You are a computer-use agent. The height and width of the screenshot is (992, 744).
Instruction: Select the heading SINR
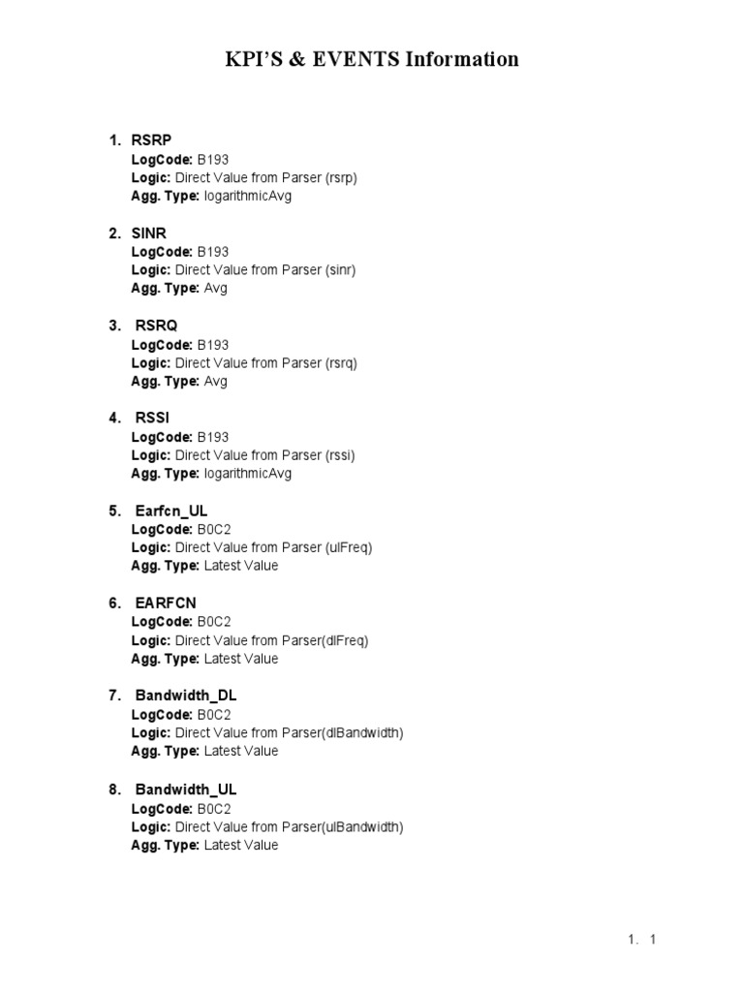point(150,232)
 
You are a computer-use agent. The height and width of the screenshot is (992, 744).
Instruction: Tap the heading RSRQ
point(156,325)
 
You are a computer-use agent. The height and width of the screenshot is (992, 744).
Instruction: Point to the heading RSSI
point(153,418)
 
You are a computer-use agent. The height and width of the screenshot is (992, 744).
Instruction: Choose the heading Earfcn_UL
point(171,511)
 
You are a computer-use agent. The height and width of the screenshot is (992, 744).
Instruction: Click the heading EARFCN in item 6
point(166,603)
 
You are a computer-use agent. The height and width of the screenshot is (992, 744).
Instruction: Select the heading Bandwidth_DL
point(186,696)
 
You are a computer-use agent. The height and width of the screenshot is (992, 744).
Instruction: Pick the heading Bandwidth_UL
point(186,790)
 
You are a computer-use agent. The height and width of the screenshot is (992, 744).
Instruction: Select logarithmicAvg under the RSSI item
point(248,474)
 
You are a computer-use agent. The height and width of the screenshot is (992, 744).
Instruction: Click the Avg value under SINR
point(216,289)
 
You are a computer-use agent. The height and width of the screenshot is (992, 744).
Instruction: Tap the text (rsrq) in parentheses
point(342,362)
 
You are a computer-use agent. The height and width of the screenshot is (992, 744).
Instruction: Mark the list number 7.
point(114,696)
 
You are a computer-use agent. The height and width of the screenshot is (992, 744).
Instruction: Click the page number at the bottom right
point(654,939)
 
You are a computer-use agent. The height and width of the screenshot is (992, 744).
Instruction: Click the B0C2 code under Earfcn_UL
point(214,529)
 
